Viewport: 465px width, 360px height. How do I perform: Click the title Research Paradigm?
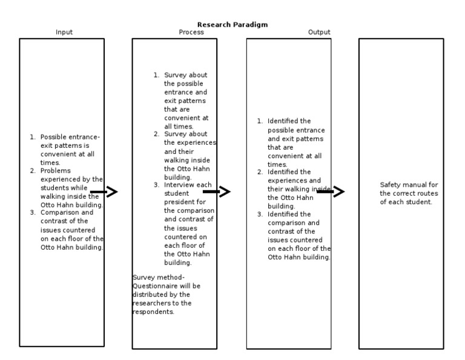click(x=232, y=25)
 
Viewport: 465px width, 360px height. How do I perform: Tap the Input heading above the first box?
click(x=64, y=32)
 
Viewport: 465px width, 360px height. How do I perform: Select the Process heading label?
click(x=191, y=32)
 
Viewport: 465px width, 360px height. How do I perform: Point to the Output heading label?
click(x=319, y=32)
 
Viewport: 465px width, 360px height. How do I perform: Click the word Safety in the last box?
click(x=391, y=185)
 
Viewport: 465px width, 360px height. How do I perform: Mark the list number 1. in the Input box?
click(x=33, y=137)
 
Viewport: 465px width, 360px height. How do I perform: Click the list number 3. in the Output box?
click(x=260, y=215)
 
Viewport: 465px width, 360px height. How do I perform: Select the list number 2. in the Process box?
click(x=156, y=134)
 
